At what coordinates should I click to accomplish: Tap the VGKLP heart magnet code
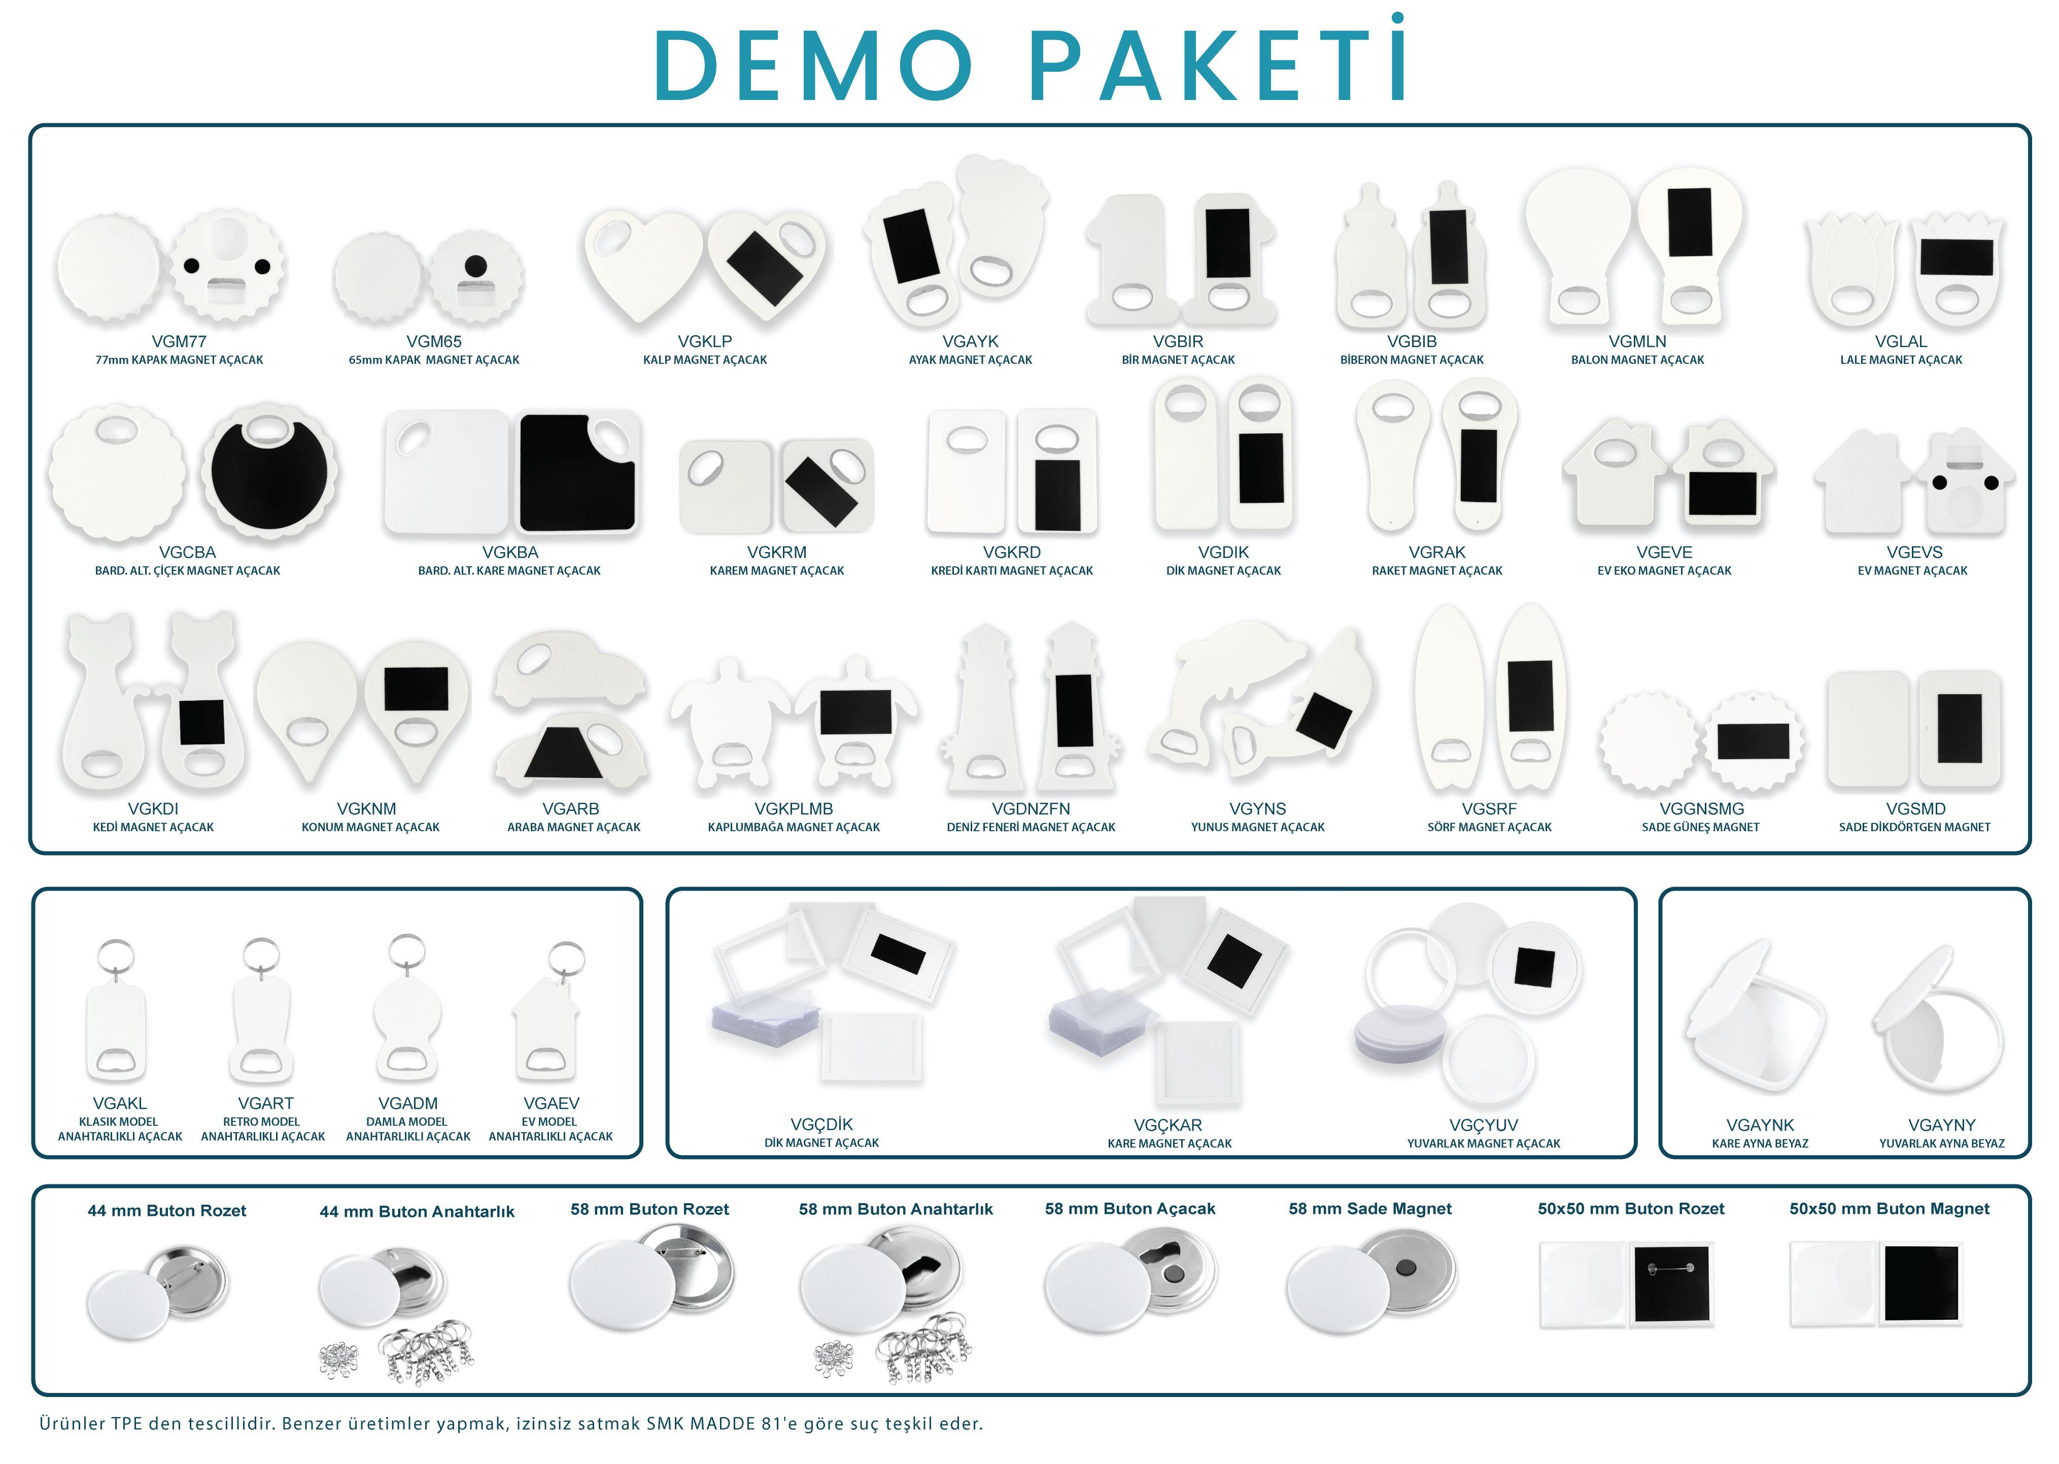pos(704,342)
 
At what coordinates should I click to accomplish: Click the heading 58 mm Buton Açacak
pos(1129,1209)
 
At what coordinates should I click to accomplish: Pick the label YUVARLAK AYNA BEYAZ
pos(1941,1143)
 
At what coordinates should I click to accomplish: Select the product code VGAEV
pos(551,1103)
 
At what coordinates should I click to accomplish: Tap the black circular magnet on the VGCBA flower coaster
pos(268,478)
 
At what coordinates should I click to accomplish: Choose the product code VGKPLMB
pos(794,809)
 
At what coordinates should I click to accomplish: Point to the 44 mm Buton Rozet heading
pos(167,1211)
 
